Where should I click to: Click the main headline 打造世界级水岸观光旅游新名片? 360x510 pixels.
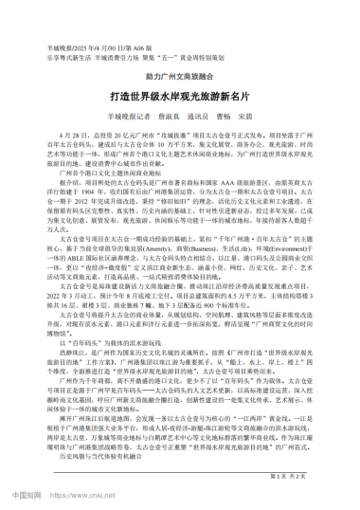click(179, 99)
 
